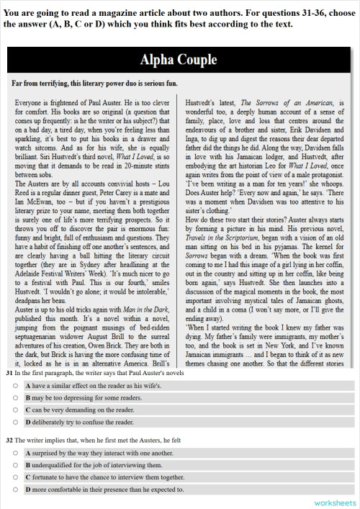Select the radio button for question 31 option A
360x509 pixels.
[x=14, y=387]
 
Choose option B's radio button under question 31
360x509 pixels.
[x=14, y=397]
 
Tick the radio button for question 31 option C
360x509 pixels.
[x=14, y=409]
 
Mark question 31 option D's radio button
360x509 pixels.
[x=14, y=420]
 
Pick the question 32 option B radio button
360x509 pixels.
[x=14, y=464]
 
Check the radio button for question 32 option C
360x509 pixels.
[x=14, y=476]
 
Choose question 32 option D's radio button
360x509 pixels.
[x=14, y=487]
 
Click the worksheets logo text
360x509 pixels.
[x=335, y=501]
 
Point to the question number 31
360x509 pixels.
[x=8, y=374]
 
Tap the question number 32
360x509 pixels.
[x=8, y=440]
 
